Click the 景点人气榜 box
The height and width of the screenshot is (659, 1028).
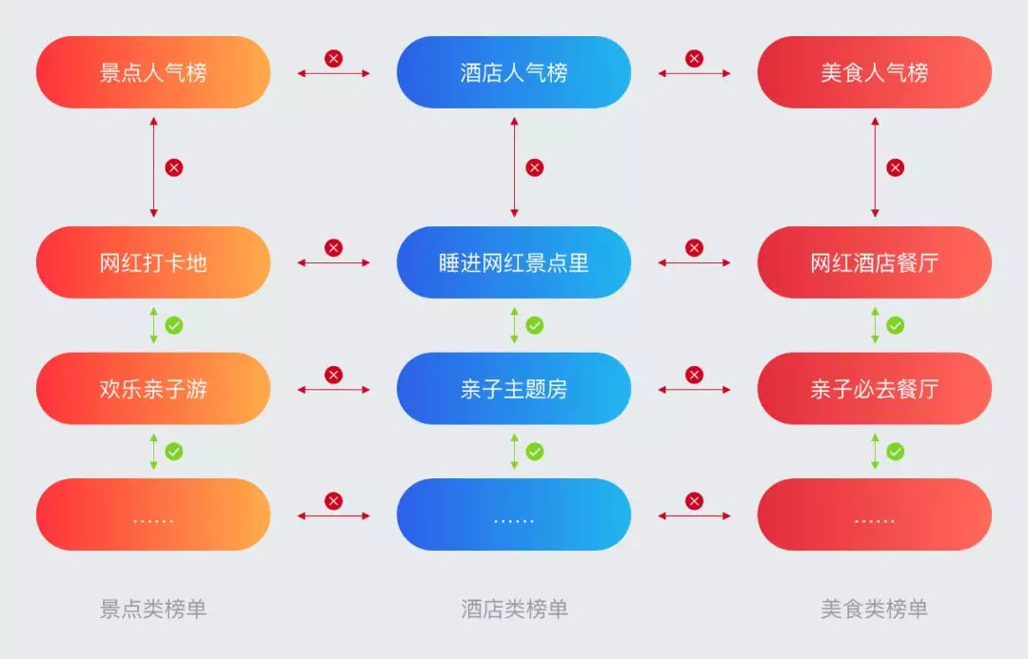153,72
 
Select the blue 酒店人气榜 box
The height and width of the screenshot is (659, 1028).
514,72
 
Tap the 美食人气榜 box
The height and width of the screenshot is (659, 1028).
874,72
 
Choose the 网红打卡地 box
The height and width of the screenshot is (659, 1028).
153,262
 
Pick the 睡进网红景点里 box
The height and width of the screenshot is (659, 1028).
514,262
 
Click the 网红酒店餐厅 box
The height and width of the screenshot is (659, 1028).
874,262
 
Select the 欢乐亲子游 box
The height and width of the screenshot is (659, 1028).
153,389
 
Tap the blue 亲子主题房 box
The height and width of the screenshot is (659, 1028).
514,389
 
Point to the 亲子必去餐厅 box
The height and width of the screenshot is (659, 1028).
874,389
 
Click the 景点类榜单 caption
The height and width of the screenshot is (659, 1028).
153,609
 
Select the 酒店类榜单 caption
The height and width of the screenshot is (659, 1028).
514,609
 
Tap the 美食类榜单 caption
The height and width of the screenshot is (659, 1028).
874,609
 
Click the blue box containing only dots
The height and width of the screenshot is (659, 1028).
514,514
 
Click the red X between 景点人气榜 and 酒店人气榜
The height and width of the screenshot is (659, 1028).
333,59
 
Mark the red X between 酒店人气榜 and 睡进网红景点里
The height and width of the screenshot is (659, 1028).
535,167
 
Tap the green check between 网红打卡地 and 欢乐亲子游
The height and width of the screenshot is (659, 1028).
174,325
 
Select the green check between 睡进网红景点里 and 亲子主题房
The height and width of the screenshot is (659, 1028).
535,325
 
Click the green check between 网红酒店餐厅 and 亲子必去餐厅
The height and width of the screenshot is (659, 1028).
896,325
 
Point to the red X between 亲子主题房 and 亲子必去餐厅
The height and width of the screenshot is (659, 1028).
694,375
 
